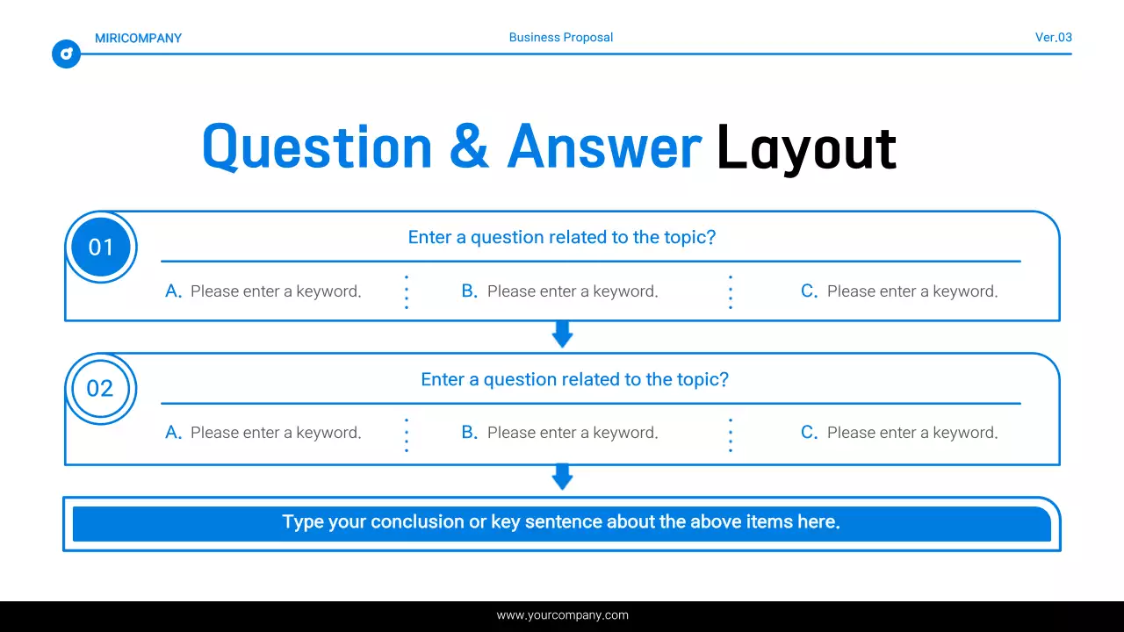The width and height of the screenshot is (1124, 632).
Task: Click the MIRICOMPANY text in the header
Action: click(138, 38)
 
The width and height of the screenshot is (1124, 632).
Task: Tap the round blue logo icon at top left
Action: click(66, 54)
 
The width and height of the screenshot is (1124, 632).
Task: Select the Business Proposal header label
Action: click(561, 38)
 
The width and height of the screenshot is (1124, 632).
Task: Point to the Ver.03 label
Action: click(1053, 37)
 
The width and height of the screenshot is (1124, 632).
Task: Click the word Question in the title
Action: click(317, 147)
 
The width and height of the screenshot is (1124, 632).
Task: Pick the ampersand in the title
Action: click(469, 147)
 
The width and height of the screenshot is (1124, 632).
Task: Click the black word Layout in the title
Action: click(806, 148)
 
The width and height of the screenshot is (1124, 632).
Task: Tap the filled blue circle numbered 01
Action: click(101, 248)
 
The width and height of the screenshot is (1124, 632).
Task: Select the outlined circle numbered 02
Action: click(100, 388)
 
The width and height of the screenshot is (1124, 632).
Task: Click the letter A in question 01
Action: click(172, 291)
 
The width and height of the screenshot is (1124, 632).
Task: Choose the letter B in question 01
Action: click(469, 291)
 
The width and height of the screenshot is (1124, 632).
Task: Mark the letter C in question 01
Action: click(808, 291)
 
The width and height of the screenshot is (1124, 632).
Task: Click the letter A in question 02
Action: click(172, 433)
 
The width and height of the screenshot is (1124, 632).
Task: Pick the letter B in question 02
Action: click(469, 433)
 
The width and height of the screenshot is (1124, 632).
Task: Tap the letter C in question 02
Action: click(808, 433)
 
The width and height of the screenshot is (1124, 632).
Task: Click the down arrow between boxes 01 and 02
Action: click(562, 334)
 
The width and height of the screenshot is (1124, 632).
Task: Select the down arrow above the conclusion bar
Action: click(562, 477)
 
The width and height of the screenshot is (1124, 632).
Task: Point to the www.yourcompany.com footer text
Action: click(562, 615)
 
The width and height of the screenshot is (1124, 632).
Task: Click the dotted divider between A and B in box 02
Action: click(407, 434)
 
